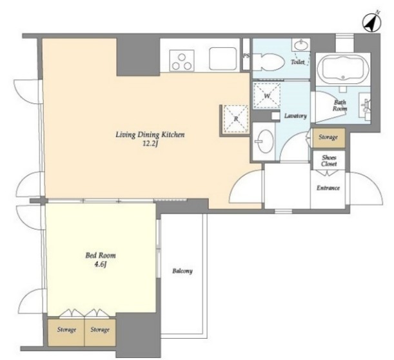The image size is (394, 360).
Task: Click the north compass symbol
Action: pos(371,22)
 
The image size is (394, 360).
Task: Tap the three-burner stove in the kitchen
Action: pos(182,61)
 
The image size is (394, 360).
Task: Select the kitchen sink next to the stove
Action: pos(223,59)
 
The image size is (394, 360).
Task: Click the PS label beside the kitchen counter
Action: pos(246,56)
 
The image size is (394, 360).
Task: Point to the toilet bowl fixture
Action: pos(268,62)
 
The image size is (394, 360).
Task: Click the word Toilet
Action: pos(297,62)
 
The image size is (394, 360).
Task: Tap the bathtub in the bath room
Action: pos(343,68)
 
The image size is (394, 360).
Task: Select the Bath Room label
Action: pos(340,106)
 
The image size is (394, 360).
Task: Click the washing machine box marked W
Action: pos(266,95)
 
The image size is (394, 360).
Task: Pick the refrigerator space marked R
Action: pos(236,119)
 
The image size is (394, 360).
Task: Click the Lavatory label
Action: pos(295,116)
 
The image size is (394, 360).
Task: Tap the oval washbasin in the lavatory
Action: pos(265,141)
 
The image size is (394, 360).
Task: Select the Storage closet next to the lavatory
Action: pos(329,138)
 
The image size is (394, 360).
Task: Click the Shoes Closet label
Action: pos(329,161)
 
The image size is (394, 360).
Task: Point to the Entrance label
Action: pos(328,188)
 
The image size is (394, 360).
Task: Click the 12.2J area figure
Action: pos(150,145)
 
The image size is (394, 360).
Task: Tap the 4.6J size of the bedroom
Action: pos(100,265)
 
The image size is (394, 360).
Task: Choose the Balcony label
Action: pos(182,271)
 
